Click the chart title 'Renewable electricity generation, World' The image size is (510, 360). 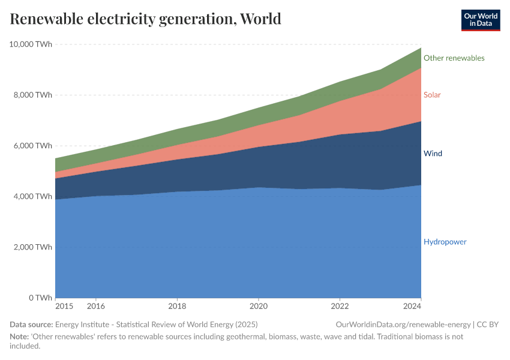coord(145,19)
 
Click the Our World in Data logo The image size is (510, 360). coord(480,20)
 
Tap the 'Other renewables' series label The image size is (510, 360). coord(454,58)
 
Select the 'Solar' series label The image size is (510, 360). coord(432,95)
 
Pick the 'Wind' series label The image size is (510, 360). coord(433,154)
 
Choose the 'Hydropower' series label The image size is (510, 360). coord(445,242)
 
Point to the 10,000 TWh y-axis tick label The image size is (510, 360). coord(31,44)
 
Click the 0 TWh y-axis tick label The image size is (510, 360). coord(39,298)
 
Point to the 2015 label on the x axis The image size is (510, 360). coord(64,306)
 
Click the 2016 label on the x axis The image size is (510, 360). coord(95,306)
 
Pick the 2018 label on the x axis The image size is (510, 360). coord(177,306)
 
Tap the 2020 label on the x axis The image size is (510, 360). coord(258,306)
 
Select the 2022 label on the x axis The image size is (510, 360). coord(340,306)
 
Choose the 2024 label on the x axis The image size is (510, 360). coord(413,306)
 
